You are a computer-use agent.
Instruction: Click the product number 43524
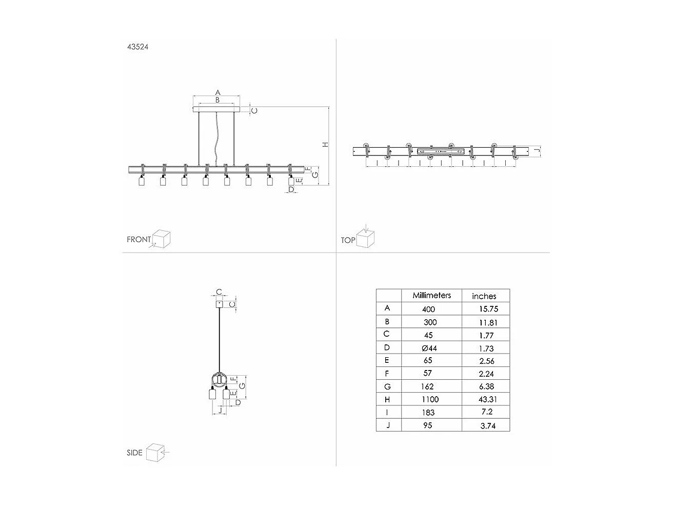pos(137,47)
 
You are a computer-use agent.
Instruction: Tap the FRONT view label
pos(138,240)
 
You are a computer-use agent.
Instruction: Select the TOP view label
pos(348,240)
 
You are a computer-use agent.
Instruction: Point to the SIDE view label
pos(134,453)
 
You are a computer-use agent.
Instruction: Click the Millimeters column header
pos(431,296)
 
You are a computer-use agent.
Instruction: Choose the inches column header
pos(484,296)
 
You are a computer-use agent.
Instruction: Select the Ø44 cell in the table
pos(429,348)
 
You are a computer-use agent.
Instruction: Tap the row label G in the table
pos(387,386)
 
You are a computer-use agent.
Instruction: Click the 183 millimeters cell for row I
pos(428,412)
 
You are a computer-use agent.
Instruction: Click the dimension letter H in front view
pos(325,145)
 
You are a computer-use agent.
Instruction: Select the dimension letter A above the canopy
pos(217,92)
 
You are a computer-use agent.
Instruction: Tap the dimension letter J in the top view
pos(536,151)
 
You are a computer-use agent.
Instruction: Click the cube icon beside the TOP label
pos(366,239)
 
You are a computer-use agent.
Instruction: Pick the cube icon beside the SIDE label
pos(154,452)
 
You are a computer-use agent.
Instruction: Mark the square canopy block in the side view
pos(219,304)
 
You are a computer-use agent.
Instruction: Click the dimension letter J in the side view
pos(220,410)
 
